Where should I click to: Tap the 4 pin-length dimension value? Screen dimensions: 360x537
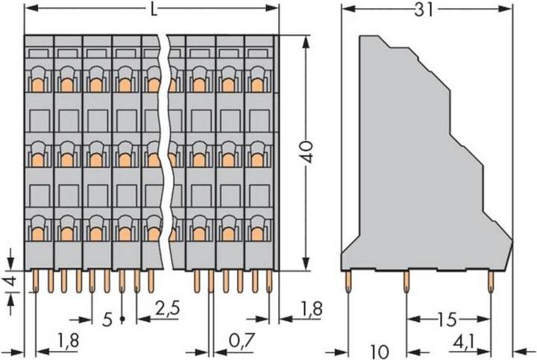(10, 284)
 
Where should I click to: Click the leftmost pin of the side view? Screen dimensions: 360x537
(348, 281)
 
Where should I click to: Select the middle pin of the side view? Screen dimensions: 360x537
(406, 281)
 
